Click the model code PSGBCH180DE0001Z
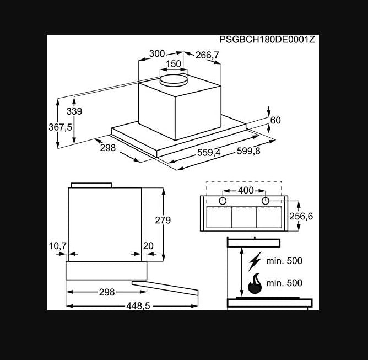tap(267, 40)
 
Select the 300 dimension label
tap(157, 53)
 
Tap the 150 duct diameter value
tap(174, 64)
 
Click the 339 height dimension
tap(74, 111)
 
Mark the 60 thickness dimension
tap(275, 120)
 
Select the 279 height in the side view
tap(163, 220)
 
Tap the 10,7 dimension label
tap(57, 245)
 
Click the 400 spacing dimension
tap(245, 190)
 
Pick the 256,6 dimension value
tap(301, 216)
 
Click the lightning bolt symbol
tap(256, 260)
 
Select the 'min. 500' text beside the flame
tap(284, 283)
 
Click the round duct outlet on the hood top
tap(174, 82)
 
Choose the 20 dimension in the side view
tap(149, 245)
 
